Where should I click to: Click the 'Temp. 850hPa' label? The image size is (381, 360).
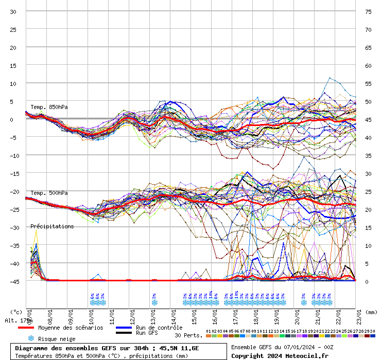[49, 107]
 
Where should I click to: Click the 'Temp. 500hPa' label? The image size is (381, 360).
[49, 193]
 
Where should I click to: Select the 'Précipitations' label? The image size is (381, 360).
[52, 226]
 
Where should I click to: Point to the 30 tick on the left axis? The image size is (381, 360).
[13, 11]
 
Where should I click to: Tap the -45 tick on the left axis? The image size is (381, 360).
[12, 281]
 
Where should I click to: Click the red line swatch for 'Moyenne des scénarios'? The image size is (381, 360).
[25, 328]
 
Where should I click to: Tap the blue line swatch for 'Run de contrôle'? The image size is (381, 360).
[124, 328]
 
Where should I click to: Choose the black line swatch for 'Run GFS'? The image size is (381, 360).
[124, 333]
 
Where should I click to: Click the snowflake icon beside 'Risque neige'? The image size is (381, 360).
[31, 338]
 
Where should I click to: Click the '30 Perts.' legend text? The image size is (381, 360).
[188, 335]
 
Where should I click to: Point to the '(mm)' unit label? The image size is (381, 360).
[371, 312]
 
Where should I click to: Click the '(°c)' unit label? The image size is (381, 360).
[16, 312]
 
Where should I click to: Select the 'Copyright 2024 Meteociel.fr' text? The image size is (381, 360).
[280, 355]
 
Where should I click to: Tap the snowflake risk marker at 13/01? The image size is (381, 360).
[154, 302]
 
